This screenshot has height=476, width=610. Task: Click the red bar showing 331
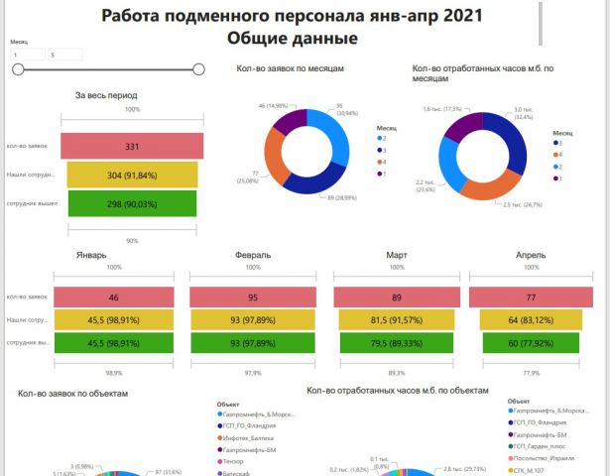[132, 146]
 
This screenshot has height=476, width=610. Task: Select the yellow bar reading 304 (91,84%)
[132, 175]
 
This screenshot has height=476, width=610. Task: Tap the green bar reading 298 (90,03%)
[132, 203]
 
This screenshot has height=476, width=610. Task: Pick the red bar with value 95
[253, 297]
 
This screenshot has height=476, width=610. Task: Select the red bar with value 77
[531, 297]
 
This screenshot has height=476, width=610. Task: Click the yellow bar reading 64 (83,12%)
[531, 320]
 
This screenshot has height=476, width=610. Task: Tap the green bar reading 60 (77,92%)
[531, 343]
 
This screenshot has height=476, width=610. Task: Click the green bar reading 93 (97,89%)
[253, 343]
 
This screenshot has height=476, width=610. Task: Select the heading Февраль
[253, 255]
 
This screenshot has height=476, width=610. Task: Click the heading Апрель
[531, 255]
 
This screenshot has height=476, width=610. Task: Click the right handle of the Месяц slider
[198, 69]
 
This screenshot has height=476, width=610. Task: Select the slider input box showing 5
[64, 55]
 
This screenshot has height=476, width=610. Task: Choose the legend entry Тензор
[236, 461]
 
